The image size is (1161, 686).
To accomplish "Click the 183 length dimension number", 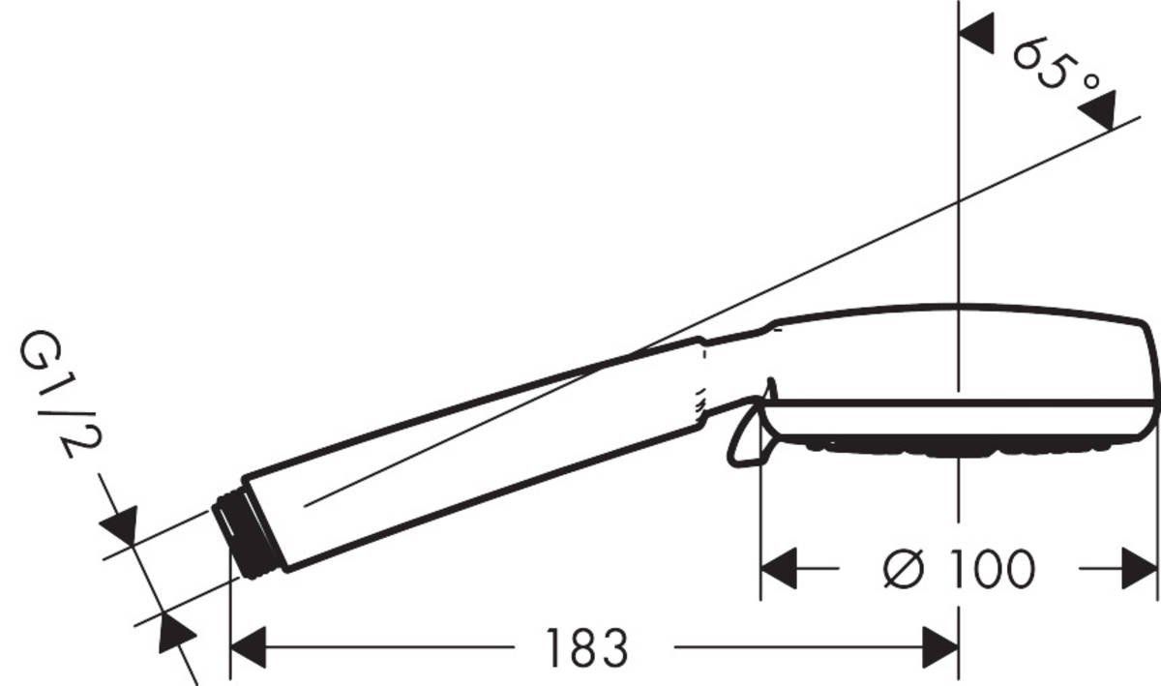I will click(x=587, y=647).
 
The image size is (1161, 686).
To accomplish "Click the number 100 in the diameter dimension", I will click(x=989, y=569).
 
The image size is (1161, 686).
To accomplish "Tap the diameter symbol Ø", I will click(x=905, y=569).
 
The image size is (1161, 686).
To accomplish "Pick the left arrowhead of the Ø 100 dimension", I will click(x=779, y=569).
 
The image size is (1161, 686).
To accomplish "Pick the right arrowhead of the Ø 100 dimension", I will click(x=1140, y=569).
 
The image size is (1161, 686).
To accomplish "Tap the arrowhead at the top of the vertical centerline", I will click(x=976, y=35).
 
